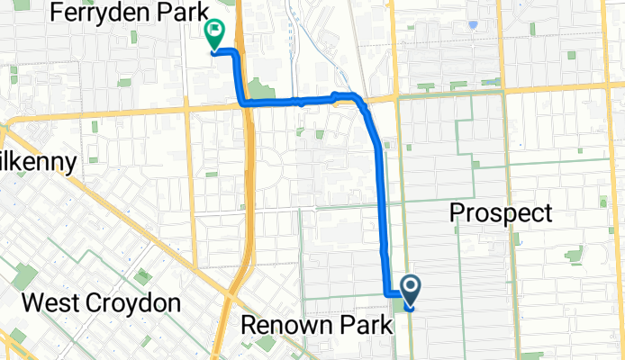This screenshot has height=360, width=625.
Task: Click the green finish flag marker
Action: tap(214, 34)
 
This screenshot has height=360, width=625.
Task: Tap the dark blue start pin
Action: tap(410, 289)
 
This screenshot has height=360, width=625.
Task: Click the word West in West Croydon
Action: tap(52, 302)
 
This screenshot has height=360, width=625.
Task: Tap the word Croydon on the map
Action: tap(133, 302)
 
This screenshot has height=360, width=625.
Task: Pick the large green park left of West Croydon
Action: tap(25, 276)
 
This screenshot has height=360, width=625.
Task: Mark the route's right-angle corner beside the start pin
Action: tap(388, 293)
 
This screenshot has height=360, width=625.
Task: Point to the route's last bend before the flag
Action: tap(236, 55)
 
